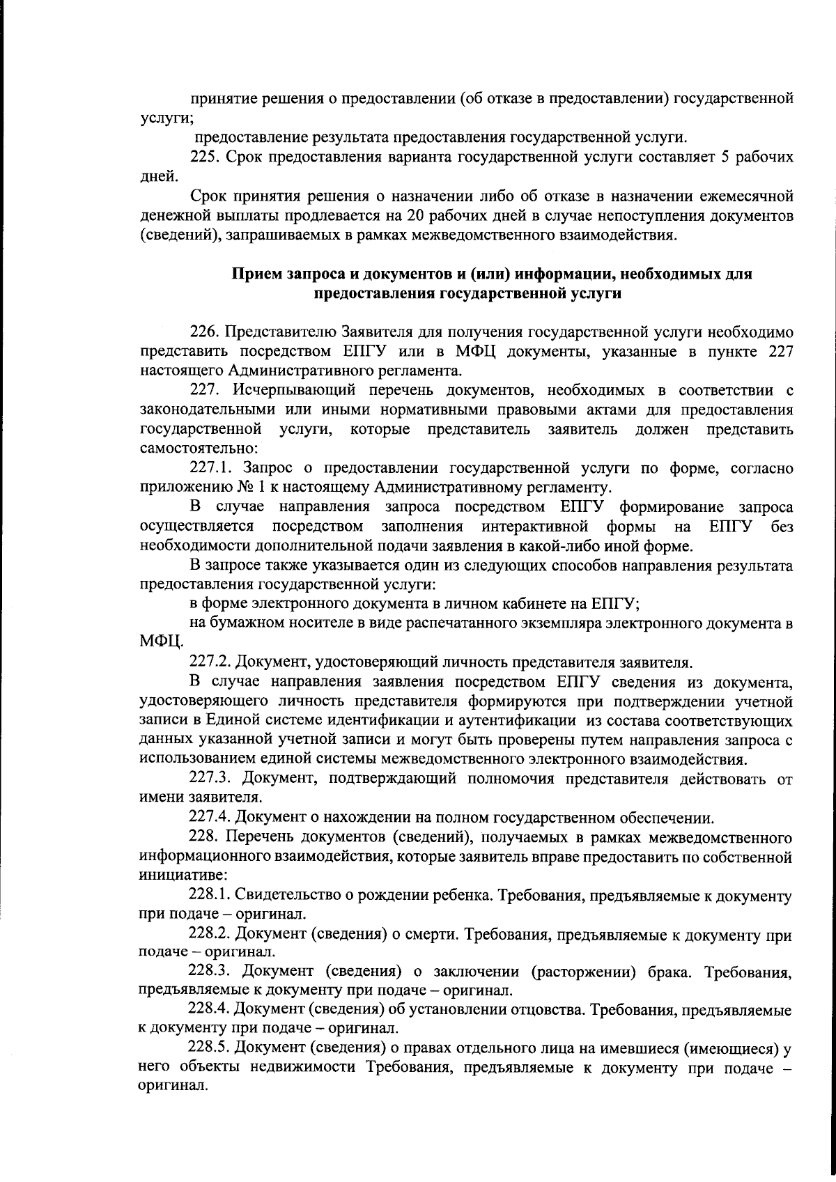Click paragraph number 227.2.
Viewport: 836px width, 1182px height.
coord(210,660)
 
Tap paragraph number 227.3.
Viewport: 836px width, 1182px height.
coord(211,779)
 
